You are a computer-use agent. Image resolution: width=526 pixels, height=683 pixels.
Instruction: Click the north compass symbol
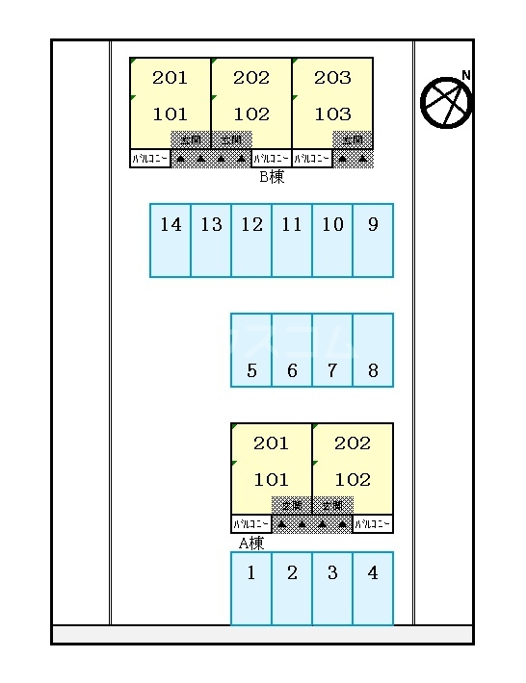446,101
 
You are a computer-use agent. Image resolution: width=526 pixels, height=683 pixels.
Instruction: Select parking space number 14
171,240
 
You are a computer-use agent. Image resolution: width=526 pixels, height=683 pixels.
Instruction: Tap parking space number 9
373,240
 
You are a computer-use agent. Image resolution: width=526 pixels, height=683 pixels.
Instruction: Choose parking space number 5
251,350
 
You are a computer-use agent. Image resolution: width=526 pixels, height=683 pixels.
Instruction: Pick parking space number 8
373,350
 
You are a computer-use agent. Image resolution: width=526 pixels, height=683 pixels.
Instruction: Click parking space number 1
251,588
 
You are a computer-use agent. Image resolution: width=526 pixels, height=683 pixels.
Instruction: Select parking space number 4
373,588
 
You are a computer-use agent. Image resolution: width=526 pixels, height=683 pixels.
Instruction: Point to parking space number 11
292,240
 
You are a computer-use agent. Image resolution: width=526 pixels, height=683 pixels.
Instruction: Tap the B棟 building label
272,177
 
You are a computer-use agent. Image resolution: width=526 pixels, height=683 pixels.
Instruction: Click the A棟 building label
251,543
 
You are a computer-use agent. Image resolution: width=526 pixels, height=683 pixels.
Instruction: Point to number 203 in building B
332,78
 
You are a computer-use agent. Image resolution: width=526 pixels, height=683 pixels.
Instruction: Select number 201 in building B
171,78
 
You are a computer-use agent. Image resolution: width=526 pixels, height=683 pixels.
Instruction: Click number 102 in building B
251,114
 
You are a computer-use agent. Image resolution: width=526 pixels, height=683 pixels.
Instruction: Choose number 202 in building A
353,443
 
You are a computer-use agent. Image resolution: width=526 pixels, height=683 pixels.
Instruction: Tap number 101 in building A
271,480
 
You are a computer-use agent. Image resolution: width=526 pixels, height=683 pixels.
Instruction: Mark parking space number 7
332,350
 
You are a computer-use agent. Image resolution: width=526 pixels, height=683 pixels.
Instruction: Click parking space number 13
211,240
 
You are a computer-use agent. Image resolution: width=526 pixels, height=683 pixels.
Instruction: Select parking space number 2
292,588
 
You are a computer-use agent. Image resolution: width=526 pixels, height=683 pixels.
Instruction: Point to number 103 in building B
332,114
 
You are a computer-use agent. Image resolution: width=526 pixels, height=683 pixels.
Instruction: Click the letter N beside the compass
466,75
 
